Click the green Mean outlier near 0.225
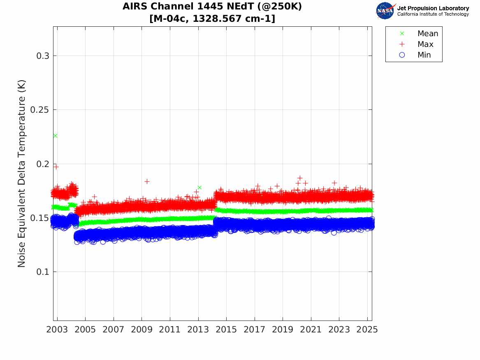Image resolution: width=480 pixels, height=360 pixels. point(55,136)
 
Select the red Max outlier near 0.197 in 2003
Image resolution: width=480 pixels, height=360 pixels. point(56,167)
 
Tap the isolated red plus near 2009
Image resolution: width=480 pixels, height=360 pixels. point(147,181)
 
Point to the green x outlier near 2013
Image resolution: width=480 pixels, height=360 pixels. point(199,188)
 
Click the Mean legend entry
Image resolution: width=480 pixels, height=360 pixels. point(428,33)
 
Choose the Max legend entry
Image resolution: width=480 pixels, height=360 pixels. point(425,44)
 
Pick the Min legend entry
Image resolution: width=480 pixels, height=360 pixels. point(424,55)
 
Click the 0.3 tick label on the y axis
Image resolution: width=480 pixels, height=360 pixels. point(42,56)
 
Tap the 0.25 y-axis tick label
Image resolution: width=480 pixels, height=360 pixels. point(39,110)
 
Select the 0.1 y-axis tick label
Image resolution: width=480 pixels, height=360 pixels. point(42,272)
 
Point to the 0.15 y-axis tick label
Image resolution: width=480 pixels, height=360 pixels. point(39,218)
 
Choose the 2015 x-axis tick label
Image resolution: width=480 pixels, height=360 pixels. point(227,330)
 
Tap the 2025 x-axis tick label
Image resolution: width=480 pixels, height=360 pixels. point(367,330)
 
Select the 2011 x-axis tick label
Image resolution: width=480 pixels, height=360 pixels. point(170,330)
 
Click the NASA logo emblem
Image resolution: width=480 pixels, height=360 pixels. point(385,11)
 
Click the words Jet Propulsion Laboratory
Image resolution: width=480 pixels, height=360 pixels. point(433,8)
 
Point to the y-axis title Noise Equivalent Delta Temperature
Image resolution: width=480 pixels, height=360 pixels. point(22,173)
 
